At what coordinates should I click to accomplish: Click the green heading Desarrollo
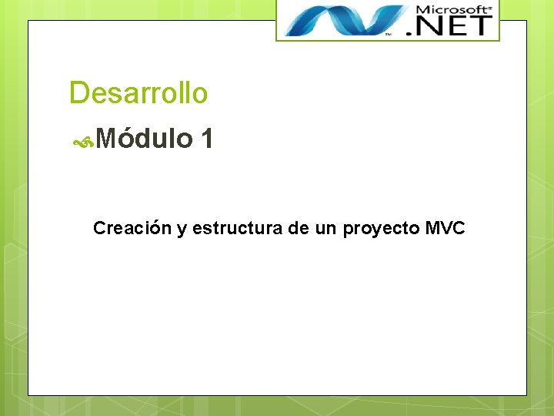138,93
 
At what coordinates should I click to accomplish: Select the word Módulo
145,139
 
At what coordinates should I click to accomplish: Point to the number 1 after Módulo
206,139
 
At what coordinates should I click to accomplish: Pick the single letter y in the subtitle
182,230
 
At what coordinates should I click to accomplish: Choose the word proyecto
378,229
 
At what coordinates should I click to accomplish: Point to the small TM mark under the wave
388,35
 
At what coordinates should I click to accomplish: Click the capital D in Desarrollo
78,93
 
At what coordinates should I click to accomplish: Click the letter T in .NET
479,25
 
